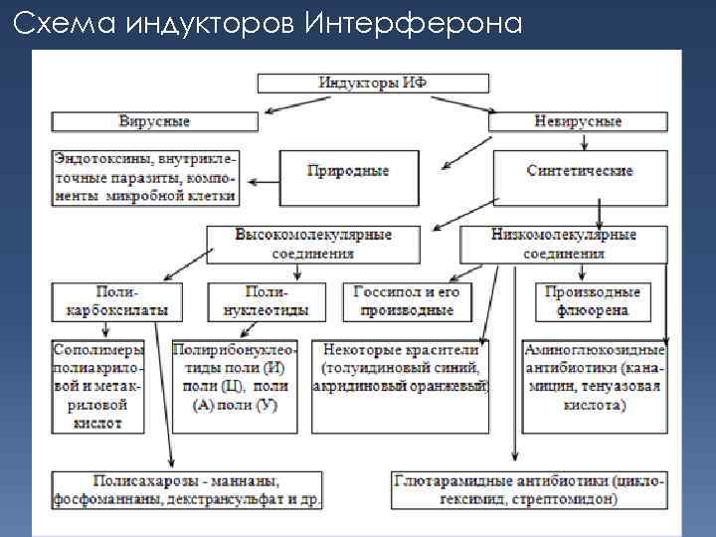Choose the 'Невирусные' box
[578, 121]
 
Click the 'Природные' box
[347, 171]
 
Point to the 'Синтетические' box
[580, 171]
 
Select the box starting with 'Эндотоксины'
[146, 176]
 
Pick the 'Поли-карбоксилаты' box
[117, 301]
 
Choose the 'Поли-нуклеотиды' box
[267, 301]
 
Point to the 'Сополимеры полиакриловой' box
[98, 386]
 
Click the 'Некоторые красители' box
[401, 369]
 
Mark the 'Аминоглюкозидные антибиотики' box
[594, 378]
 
